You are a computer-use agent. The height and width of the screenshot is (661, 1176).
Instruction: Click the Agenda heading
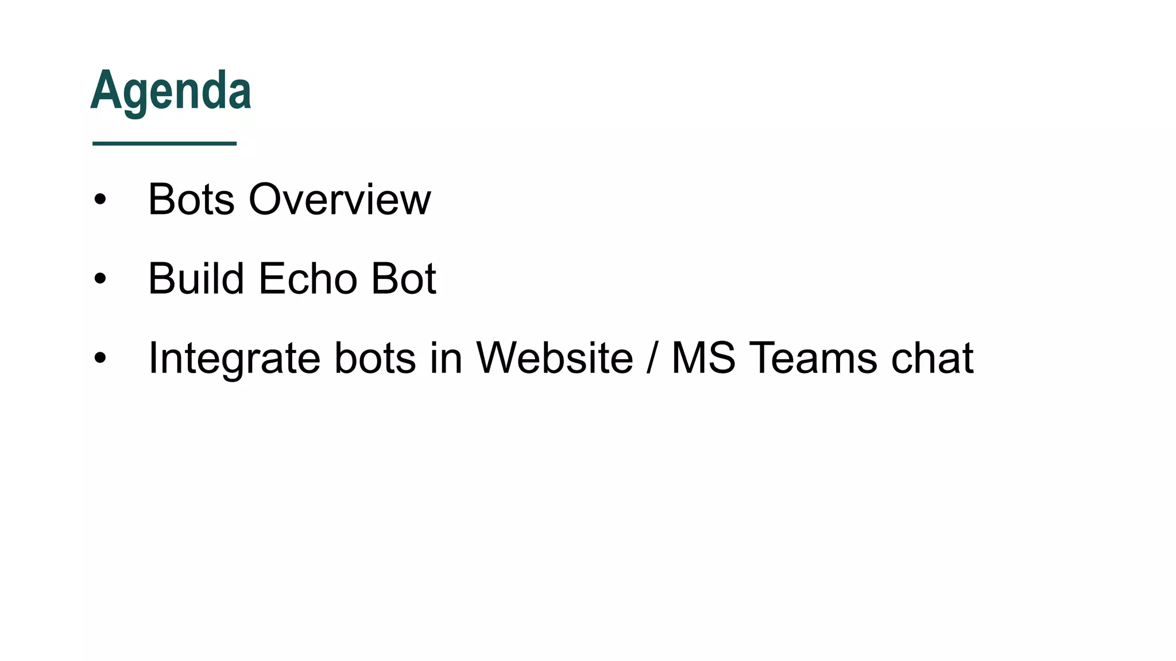click(171, 91)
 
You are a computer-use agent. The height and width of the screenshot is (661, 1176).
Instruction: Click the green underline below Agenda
click(164, 143)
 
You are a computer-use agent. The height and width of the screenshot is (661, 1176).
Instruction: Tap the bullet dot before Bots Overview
click(100, 200)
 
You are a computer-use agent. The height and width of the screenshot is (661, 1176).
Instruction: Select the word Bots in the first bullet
click(191, 200)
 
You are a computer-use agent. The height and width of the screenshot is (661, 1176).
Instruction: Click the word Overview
click(339, 200)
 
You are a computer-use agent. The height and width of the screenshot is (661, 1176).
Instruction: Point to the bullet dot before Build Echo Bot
click(100, 279)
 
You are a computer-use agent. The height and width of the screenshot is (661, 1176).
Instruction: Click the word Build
click(196, 279)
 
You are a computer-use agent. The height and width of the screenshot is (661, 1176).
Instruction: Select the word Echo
click(308, 279)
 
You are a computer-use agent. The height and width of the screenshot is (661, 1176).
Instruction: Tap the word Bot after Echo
click(404, 279)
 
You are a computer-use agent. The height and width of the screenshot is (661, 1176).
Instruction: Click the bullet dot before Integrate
click(100, 358)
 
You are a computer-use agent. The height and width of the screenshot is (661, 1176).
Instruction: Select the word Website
click(555, 358)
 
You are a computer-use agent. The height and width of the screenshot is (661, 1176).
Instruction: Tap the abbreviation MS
click(703, 358)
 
